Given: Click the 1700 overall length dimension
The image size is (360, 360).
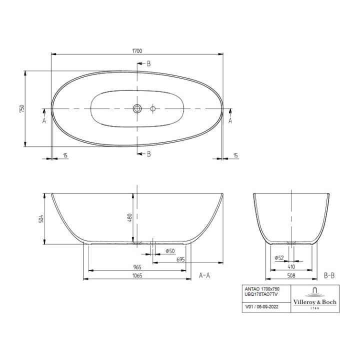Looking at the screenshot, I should pos(137,50).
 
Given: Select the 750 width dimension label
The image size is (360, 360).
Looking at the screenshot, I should pos(21,108).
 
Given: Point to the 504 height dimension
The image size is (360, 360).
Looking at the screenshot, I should pos(41,218).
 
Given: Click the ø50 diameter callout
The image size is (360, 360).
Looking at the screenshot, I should pos(169,250).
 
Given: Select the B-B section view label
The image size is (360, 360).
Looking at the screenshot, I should pos(329,275).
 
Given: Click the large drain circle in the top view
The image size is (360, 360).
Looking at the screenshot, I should pos(137,108).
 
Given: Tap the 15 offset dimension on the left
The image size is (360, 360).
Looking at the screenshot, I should pos(65,156).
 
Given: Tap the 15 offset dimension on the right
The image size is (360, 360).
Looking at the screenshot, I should pos(235,156).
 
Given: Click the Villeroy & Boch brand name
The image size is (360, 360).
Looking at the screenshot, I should pos(314,302).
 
